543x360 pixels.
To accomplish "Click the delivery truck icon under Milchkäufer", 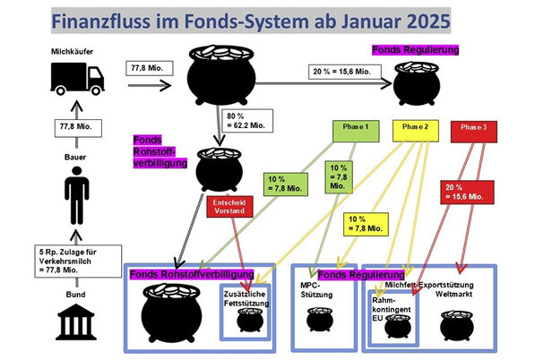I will pos(78,79).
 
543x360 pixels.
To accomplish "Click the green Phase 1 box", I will pos(357,129).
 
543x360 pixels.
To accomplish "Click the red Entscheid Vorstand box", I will pos(226,208).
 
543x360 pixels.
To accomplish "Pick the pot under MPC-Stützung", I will pos(315,320).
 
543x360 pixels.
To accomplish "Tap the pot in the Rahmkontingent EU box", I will pos(395,324).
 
